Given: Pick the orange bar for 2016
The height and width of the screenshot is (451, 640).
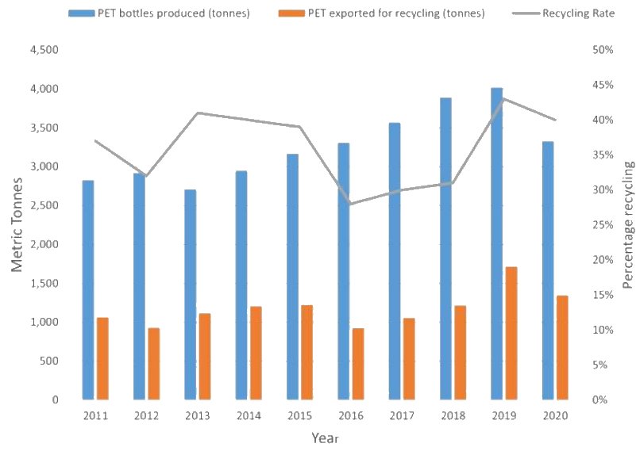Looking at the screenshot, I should [x=358, y=364].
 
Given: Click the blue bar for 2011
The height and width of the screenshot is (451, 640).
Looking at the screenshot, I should [x=88, y=290].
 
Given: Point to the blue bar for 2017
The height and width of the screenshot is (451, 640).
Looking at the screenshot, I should [x=395, y=262].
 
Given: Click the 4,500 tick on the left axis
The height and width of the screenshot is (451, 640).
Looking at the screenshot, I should [x=44, y=50].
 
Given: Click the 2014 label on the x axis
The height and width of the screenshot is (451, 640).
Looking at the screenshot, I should [x=249, y=415].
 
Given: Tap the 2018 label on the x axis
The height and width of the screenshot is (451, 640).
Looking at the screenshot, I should [x=453, y=415].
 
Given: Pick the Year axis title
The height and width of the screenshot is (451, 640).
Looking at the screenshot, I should [x=326, y=437].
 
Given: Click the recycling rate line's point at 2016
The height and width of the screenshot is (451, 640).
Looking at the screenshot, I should [x=350, y=204].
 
